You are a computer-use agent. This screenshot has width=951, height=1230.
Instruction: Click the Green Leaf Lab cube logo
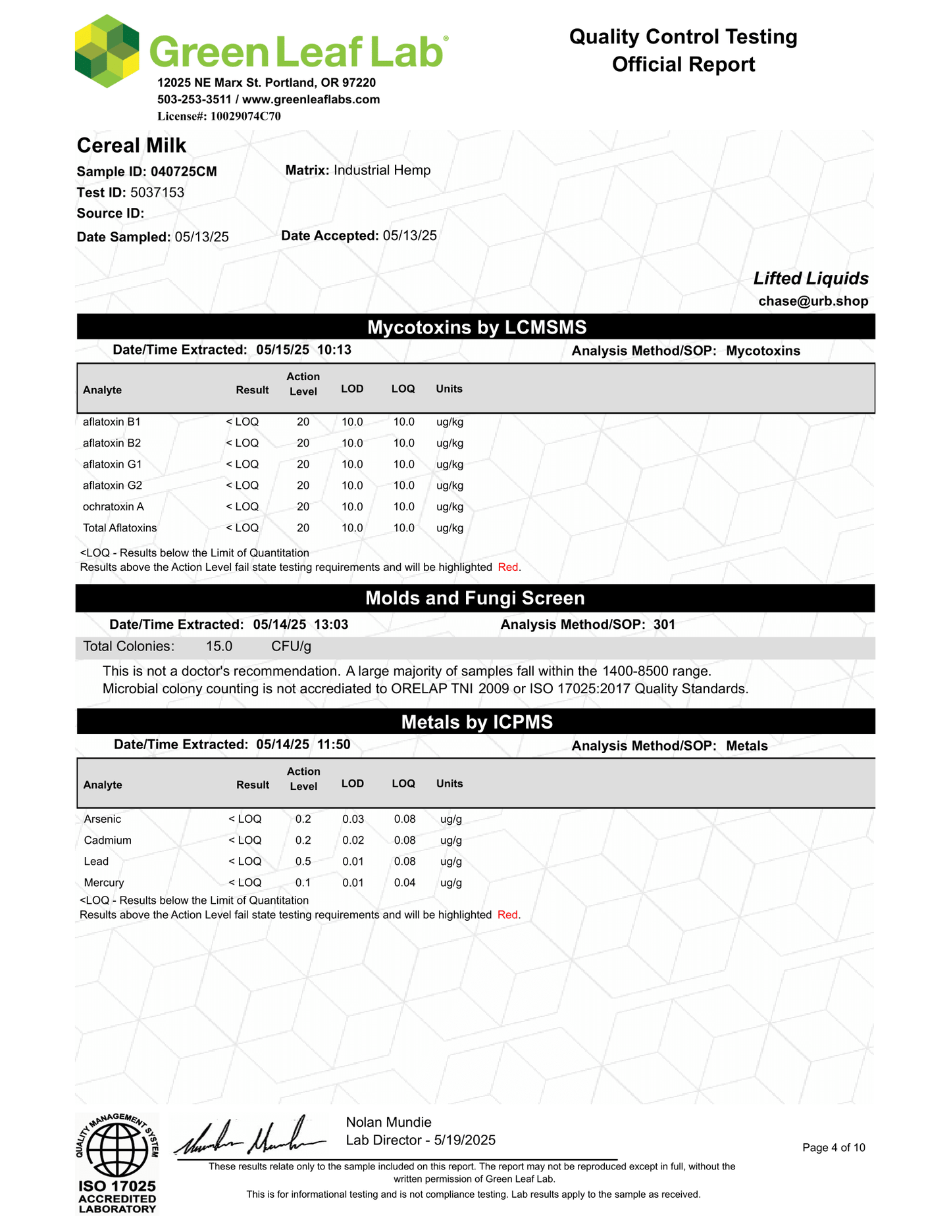(x=107, y=51)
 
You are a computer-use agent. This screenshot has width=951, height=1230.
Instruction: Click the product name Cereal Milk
(x=132, y=145)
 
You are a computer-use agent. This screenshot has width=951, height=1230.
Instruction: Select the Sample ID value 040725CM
(x=184, y=172)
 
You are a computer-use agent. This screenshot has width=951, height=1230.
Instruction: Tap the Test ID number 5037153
(x=157, y=193)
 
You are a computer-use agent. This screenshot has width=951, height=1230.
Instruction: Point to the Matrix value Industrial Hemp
(x=382, y=170)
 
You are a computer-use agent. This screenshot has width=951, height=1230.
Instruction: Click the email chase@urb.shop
(x=813, y=301)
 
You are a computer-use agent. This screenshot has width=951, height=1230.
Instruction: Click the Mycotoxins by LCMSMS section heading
(x=476, y=327)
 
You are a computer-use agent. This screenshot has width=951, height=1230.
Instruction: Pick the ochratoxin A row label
(x=113, y=506)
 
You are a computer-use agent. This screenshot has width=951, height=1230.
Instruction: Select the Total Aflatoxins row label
(x=120, y=528)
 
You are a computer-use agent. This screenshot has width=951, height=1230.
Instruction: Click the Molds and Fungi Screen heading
(x=475, y=598)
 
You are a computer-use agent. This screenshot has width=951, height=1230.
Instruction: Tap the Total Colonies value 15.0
(x=219, y=646)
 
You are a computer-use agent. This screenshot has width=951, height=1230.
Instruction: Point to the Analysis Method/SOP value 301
(x=664, y=624)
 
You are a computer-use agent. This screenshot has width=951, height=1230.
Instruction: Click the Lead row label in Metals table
(x=96, y=861)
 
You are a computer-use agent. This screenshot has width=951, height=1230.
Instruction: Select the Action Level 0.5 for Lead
(x=303, y=861)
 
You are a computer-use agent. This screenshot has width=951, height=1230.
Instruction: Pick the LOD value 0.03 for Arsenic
(x=353, y=819)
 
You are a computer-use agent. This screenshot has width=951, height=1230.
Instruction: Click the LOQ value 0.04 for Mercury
(x=405, y=882)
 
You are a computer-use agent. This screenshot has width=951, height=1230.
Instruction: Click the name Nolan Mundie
(x=388, y=1122)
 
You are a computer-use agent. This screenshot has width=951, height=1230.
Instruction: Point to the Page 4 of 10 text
(x=833, y=1148)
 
